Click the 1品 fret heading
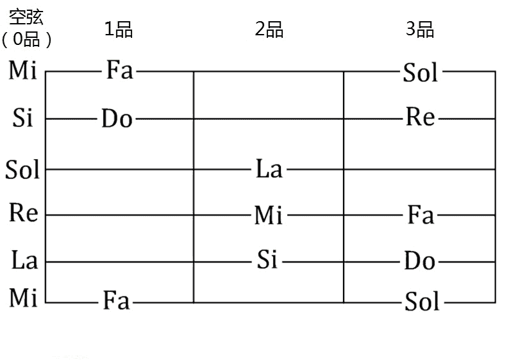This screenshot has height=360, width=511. [119, 30]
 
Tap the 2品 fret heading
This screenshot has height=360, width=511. [269, 30]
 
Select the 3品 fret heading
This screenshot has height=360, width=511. [420, 30]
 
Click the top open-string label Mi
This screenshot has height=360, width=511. [22, 70]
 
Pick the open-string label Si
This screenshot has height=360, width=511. [22, 118]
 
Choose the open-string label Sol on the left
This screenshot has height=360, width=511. [22, 170]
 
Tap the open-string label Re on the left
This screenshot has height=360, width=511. [24, 213]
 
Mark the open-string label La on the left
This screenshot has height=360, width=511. [24, 261]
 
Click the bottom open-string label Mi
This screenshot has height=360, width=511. [22, 298]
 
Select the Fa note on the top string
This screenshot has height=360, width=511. [119, 70]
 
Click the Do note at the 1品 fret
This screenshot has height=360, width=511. [117, 119]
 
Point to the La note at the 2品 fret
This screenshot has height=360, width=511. [269, 169]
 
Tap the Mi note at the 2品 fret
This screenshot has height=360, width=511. [269, 216]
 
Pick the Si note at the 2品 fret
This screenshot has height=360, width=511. [267, 260]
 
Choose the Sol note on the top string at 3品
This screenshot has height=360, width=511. [421, 73]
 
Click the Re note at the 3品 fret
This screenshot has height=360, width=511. [420, 117]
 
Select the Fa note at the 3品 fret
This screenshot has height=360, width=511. [421, 215]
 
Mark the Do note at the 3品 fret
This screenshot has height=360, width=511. [420, 261]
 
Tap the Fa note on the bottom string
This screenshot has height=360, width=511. [117, 300]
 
